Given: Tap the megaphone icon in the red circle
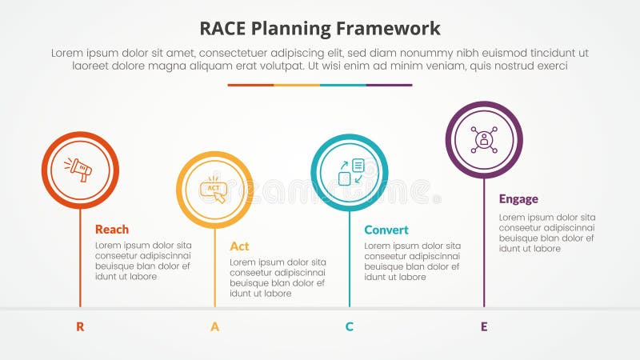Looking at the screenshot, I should click(x=80, y=170).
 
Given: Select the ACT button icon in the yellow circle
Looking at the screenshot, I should click(x=214, y=190).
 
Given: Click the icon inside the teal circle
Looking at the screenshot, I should click(x=350, y=172).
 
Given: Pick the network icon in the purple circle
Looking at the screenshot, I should click(x=483, y=139).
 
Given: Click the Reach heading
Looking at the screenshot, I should click(x=112, y=230).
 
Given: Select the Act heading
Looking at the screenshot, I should click(x=239, y=246).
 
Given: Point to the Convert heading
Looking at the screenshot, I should click(x=386, y=230).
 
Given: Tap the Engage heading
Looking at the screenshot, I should click(x=518, y=199).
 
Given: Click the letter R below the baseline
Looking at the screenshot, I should click(x=80, y=326).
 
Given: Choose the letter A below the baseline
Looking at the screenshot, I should click(x=214, y=326).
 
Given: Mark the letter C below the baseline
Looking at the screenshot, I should click(x=349, y=326).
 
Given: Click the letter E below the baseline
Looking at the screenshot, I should click(x=483, y=326).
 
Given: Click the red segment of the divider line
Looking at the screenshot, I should click(x=250, y=85).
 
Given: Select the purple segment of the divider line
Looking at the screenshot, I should click(x=389, y=85).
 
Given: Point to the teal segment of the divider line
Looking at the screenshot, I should click(x=342, y=85).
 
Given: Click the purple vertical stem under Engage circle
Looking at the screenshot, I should click(x=483, y=240).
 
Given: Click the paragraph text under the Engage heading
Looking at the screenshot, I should click(x=547, y=233).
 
